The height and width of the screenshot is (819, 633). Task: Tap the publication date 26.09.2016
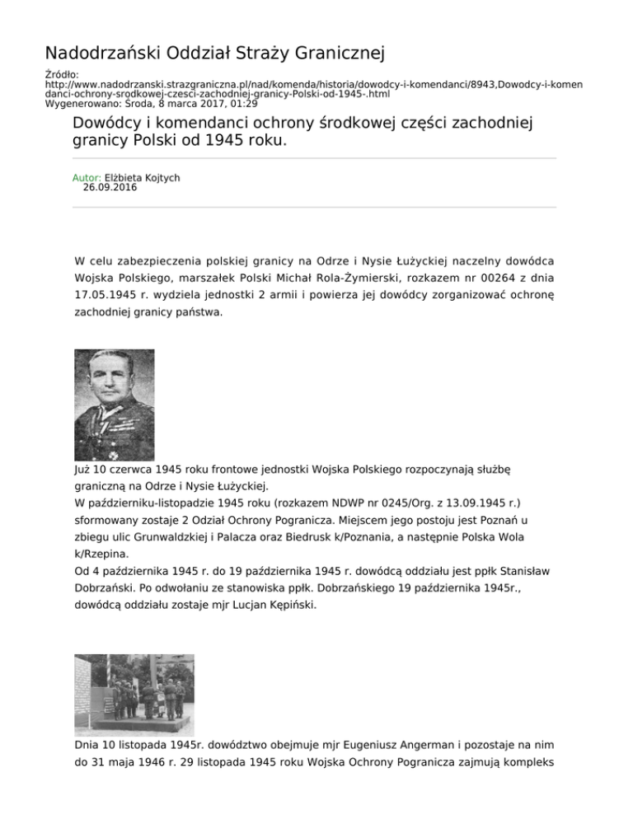tap(110, 187)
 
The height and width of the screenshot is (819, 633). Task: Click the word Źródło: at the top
tap(60, 75)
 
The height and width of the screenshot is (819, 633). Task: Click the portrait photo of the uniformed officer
tap(114, 405)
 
